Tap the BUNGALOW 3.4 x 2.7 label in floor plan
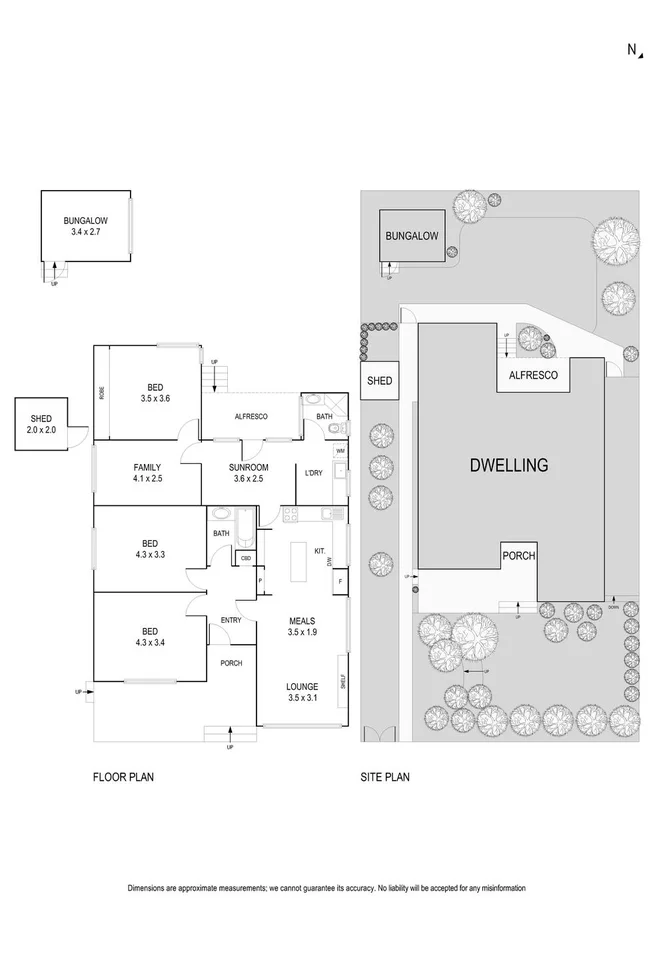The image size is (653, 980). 85,225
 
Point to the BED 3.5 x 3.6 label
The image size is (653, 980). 156,392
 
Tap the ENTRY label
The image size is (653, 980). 231,621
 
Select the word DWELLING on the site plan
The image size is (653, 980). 509,465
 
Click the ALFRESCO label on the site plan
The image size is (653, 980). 534,377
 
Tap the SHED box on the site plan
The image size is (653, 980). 379,381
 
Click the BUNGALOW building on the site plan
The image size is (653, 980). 412,237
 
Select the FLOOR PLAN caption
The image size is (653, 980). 123,776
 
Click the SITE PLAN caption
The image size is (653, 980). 385,776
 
